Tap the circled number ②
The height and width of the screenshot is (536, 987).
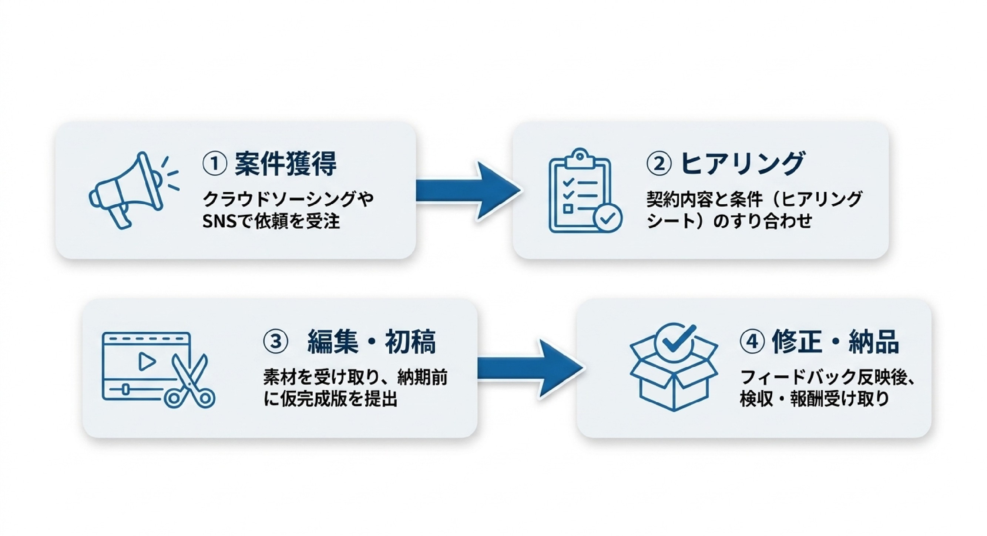659,164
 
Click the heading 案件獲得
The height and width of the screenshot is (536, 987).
285,164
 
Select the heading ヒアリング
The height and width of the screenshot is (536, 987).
742,164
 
